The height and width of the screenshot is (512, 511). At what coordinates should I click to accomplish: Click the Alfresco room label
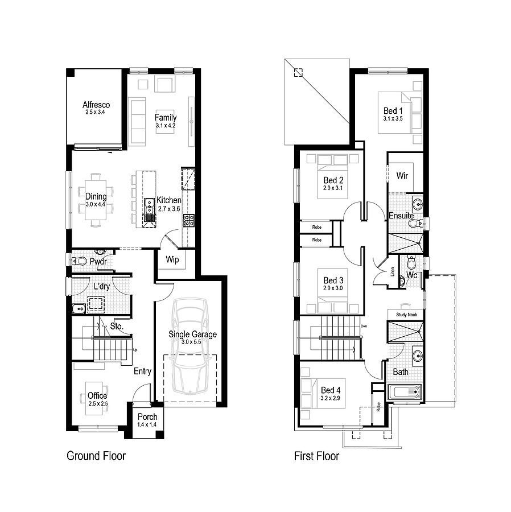click(x=96, y=105)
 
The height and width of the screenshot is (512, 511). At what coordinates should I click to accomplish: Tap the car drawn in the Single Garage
click(x=190, y=346)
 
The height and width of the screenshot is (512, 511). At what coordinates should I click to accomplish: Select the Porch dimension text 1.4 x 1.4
click(x=147, y=424)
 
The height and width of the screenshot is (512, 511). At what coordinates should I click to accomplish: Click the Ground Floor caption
click(x=96, y=456)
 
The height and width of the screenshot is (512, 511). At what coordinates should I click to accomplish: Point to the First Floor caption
click(x=316, y=456)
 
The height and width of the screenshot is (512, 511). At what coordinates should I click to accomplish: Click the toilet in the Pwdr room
click(x=79, y=261)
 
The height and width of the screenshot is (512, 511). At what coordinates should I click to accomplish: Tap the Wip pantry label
click(x=172, y=259)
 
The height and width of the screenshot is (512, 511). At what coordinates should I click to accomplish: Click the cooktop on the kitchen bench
click(x=189, y=220)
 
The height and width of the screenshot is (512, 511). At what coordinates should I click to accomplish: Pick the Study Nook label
click(x=406, y=315)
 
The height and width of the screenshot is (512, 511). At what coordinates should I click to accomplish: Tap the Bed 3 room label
click(x=333, y=280)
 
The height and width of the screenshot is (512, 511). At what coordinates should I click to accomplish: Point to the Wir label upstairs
click(x=402, y=176)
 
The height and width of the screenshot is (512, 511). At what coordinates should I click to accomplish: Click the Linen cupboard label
click(x=393, y=272)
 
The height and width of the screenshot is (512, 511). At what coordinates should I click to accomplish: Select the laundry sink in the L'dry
click(x=79, y=308)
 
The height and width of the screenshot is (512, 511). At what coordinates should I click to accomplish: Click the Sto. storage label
click(x=117, y=326)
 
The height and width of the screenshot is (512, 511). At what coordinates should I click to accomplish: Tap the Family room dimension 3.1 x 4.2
click(x=166, y=125)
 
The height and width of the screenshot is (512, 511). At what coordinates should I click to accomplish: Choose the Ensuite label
click(x=401, y=216)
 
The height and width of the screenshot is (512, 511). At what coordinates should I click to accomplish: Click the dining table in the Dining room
click(x=96, y=200)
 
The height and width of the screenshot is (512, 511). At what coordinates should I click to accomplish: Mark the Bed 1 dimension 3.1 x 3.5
click(x=393, y=118)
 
